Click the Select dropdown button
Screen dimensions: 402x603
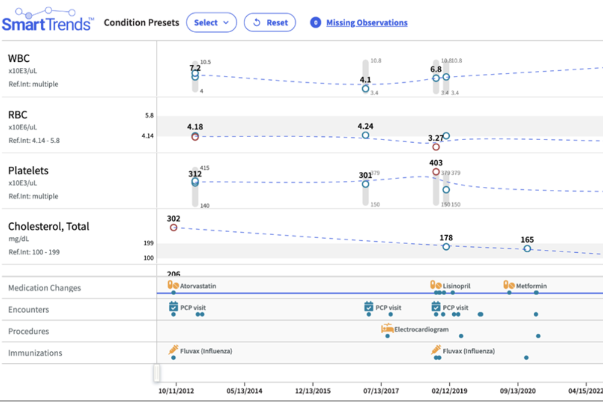pyautogui.click(x=211, y=23)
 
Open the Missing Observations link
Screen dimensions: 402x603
pyautogui.click(x=367, y=23)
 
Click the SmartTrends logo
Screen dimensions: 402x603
pyautogui.click(x=48, y=20)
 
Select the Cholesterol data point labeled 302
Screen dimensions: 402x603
pyautogui.click(x=173, y=228)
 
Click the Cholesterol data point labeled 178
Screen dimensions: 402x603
pyautogui.click(x=446, y=247)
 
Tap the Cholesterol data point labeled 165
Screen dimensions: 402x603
pyautogui.click(x=527, y=249)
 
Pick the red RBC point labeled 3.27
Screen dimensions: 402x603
pyautogui.click(x=436, y=147)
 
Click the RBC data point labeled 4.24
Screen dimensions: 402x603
pyautogui.click(x=366, y=135)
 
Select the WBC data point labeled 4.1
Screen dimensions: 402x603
pyautogui.click(x=366, y=88)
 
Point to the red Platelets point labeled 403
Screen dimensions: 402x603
pyautogui.click(x=436, y=172)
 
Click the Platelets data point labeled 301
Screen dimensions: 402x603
pyautogui.click(x=365, y=184)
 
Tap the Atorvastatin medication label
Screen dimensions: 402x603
pyautogui.click(x=198, y=286)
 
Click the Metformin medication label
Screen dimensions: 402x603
pyautogui.click(x=531, y=286)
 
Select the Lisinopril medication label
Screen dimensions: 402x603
pyautogui.click(x=456, y=286)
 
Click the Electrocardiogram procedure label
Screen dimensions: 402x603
pyautogui.click(x=421, y=330)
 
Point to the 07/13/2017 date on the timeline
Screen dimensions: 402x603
pyautogui.click(x=381, y=390)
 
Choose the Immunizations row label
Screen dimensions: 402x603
pyautogui.click(x=35, y=353)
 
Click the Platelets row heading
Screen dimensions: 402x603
pyautogui.click(x=28, y=171)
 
